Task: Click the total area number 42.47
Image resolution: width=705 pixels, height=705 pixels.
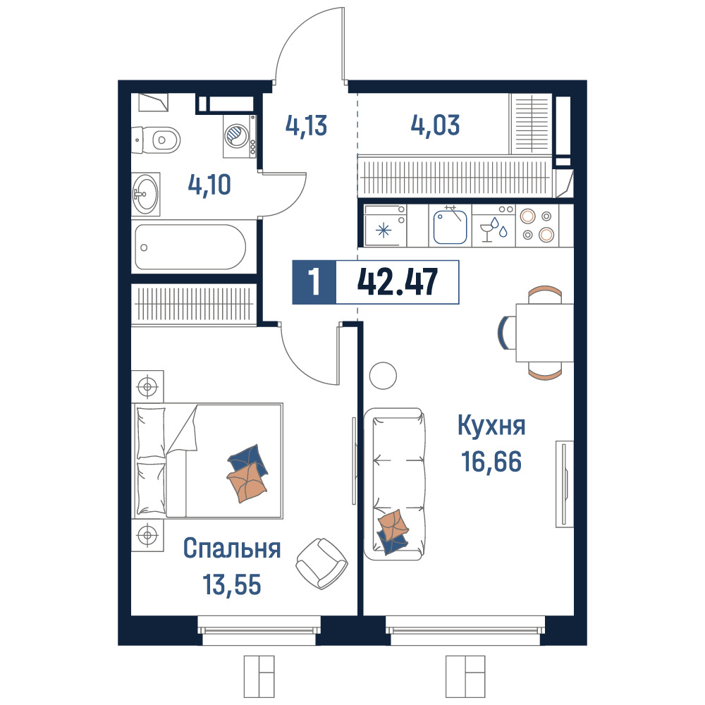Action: [x=397, y=283]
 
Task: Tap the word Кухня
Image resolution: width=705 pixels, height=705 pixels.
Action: [x=491, y=425]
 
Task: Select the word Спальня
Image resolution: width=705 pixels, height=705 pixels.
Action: [x=232, y=548]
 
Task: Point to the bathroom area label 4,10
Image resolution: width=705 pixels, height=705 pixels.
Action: [x=209, y=184]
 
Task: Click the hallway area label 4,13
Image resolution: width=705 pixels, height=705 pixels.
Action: [x=306, y=125]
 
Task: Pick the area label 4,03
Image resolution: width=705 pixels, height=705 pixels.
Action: [x=435, y=125]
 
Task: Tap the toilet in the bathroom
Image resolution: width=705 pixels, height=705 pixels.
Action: [x=156, y=140]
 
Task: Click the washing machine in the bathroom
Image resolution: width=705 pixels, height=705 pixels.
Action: [x=240, y=136]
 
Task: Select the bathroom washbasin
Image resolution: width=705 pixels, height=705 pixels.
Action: [x=146, y=195]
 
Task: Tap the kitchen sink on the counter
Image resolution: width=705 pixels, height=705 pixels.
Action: [x=450, y=226]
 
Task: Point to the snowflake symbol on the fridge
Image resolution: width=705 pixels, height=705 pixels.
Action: [x=384, y=231]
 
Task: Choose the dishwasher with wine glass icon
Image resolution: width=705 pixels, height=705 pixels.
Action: [x=493, y=226]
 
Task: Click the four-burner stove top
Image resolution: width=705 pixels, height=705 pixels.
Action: [x=537, y=226]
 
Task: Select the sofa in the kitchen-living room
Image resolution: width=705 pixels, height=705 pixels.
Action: [x=394, y=484]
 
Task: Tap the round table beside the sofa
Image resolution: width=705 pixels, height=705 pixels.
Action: [x=383, y=376]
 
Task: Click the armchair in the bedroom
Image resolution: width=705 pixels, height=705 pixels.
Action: [x=322, y=563]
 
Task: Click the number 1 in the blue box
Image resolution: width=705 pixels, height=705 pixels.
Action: [x=314, y=283]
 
